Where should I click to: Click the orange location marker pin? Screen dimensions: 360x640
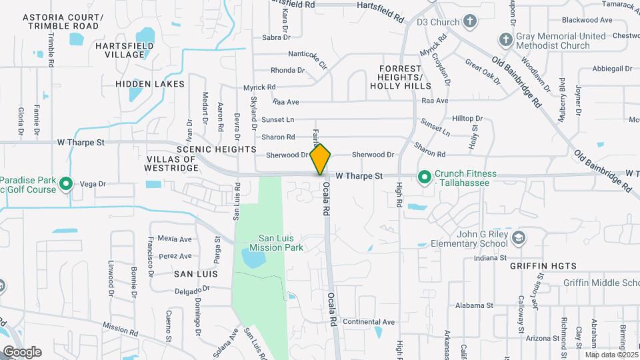pos(321,158)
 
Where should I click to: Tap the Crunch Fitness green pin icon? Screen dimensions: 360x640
pos(424,177)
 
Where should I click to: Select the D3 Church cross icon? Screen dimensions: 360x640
pos(471,21)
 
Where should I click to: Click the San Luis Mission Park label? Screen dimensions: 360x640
pos(281,243)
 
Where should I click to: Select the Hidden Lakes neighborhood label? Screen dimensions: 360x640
pos(149,84)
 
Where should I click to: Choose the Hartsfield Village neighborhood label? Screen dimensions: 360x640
pos(124,50)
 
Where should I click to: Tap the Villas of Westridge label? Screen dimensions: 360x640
pos(171,164)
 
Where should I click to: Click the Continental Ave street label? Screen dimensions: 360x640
pos(365,321)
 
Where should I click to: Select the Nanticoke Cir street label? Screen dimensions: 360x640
pos(308,55)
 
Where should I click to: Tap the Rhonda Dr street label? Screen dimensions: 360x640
pos(287,70)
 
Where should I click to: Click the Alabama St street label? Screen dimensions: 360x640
pos(474,305)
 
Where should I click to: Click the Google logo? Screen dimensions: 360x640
pos(21,351)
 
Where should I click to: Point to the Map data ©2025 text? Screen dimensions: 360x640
pos(611,355)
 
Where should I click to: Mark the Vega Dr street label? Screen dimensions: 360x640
pos(93,183)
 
